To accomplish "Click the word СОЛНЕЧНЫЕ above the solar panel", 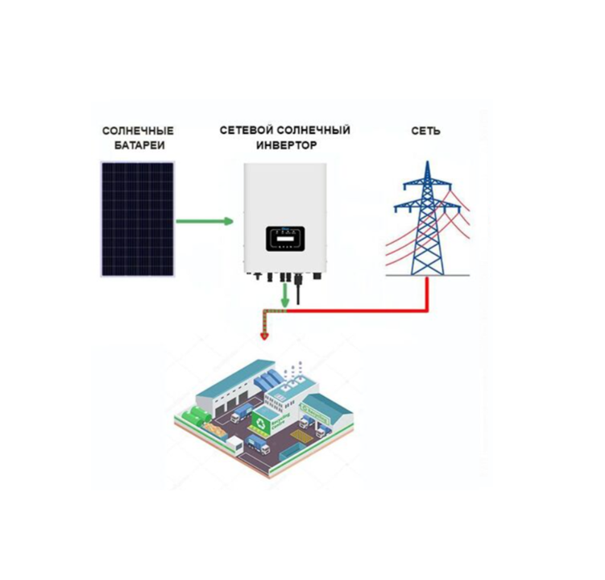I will pos(138,131).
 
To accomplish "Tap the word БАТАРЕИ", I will pos(138,146).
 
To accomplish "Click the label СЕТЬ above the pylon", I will pos(425,131).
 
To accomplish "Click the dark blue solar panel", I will pos(137,219).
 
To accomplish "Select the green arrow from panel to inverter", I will pos(205,221).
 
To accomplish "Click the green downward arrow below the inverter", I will pos(284,296).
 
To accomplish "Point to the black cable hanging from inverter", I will pos(298,291).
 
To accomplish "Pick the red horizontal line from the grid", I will pos(363,311).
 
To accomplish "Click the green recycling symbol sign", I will pos(263,419).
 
